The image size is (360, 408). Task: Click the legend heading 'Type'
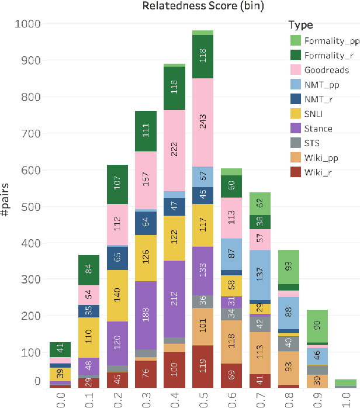point(300,25)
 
